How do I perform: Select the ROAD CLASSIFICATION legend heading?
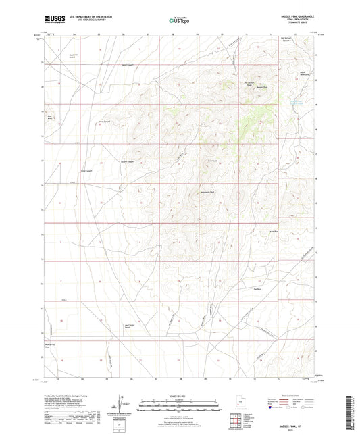click(x=284, y=395)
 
